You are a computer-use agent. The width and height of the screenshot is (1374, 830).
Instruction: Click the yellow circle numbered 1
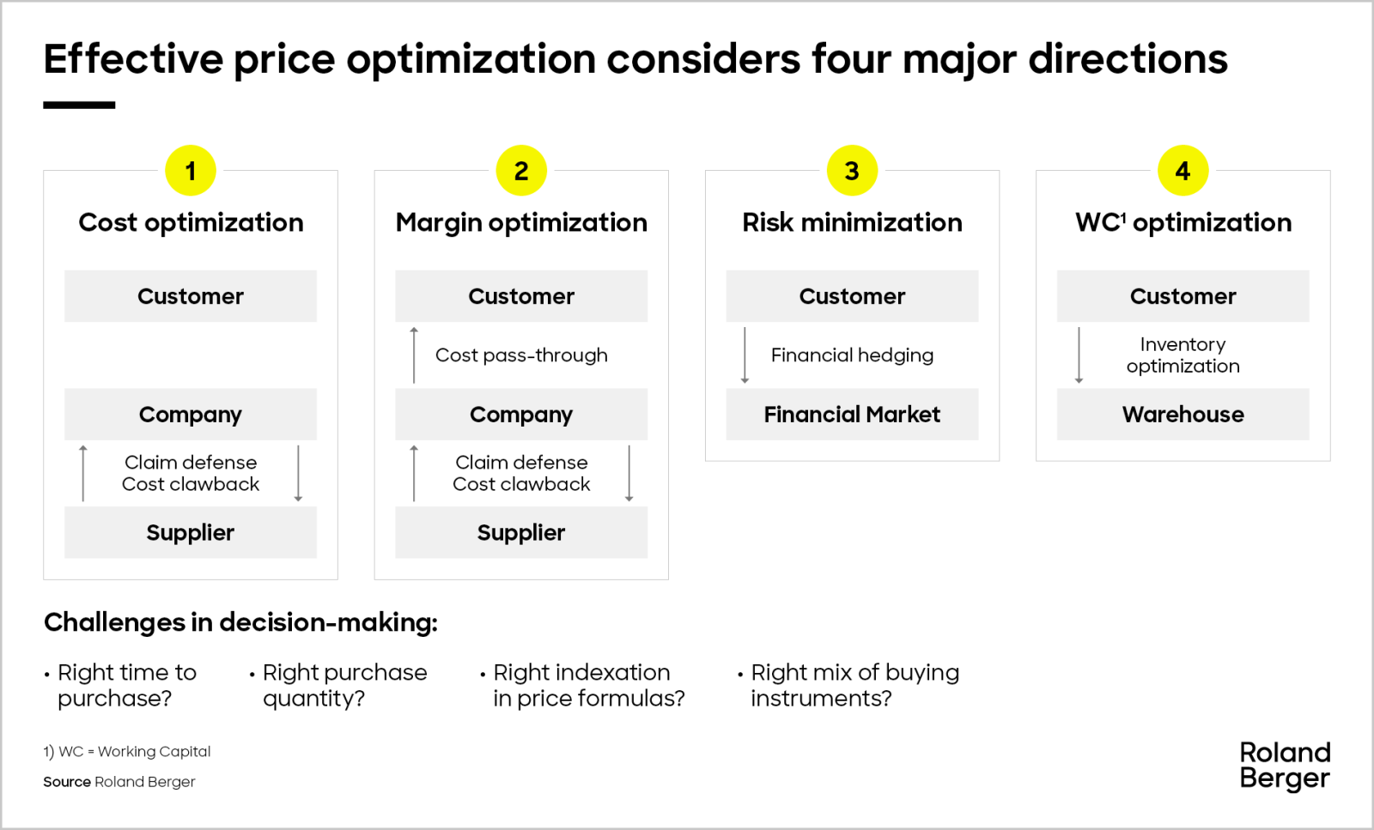point(190,171)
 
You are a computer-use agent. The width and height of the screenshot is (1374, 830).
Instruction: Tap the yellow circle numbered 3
point(852,171)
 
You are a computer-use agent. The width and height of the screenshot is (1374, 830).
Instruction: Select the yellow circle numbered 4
point(1182,171)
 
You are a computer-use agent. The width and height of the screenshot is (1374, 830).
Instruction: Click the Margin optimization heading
point(521,222)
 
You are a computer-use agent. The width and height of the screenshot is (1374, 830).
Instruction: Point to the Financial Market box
point(852,415)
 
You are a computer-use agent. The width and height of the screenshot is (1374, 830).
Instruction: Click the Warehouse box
point(1182,415)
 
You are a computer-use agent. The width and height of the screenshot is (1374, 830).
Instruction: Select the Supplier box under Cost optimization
point(190,532)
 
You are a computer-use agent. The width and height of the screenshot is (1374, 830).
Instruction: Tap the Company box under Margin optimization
point(521,415)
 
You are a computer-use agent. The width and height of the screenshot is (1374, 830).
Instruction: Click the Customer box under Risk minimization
point(852,296)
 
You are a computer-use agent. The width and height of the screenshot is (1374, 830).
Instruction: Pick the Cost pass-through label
point(521,355)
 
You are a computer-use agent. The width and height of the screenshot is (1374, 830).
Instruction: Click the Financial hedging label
point(852,355)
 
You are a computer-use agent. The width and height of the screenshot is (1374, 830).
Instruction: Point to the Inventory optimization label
point(1182,355)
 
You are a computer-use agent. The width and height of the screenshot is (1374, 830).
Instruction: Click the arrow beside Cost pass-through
point(414,355)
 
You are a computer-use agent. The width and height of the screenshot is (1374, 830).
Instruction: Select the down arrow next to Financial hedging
point(745,355)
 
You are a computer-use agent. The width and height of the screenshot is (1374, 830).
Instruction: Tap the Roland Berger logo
point(1285,766)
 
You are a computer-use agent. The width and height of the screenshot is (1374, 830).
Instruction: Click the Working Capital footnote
point(127,752)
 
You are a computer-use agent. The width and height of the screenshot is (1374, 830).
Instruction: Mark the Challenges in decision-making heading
point(240,622)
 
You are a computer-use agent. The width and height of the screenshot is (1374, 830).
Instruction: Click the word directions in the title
point(1128,59)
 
